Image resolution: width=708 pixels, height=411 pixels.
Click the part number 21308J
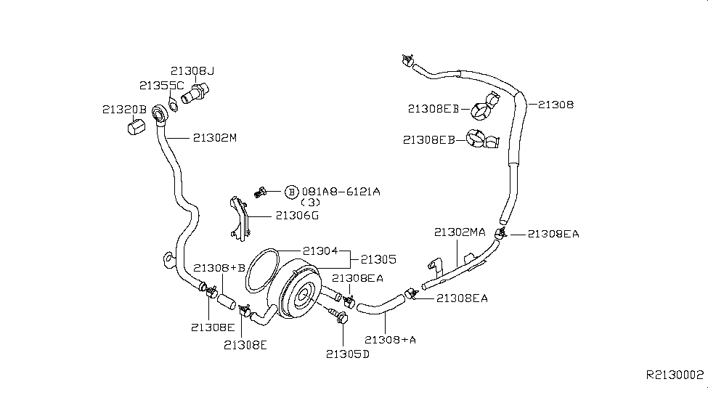193,71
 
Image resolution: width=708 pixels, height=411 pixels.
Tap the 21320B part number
124,110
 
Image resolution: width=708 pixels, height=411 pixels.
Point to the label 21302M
215,137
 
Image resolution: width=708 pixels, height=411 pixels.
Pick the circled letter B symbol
291,192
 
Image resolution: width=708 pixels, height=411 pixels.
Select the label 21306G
297,215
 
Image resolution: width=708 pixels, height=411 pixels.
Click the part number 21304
320,251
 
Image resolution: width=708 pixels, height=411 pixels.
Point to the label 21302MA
460,232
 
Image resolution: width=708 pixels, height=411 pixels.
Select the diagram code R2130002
675,375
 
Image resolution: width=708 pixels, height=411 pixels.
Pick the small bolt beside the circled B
261,192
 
